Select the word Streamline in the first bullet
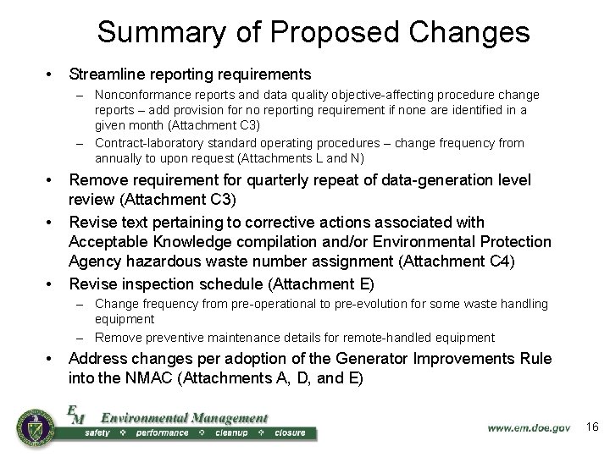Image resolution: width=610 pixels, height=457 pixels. [x=106, y=74]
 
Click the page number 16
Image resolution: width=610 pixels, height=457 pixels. [x=592, y=428]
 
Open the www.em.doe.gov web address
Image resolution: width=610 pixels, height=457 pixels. [x=529, y=429]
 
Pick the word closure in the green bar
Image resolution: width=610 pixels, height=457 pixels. [x=290, y=433]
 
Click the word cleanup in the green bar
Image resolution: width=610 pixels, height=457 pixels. [x=230, y=433]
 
